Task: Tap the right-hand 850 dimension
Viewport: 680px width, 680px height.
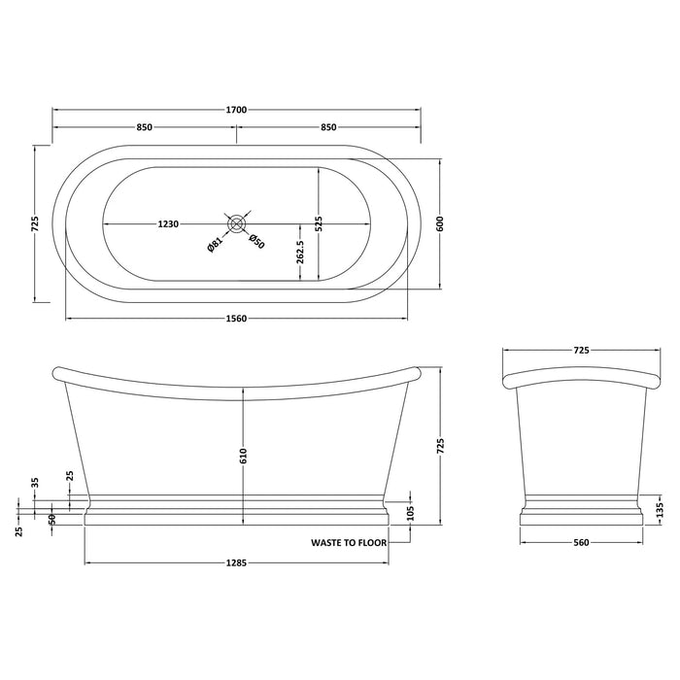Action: click(x=327, y=126)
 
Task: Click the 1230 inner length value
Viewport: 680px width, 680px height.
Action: click(x=167, y=223)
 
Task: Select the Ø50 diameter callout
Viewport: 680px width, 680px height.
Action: click(x=255, y=243)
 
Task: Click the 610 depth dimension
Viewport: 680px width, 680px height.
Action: click(x=245, y=454)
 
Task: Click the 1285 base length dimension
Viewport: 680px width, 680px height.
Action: click(x=236, y=562)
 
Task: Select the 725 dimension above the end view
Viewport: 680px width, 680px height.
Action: click(x=581, y=348)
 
